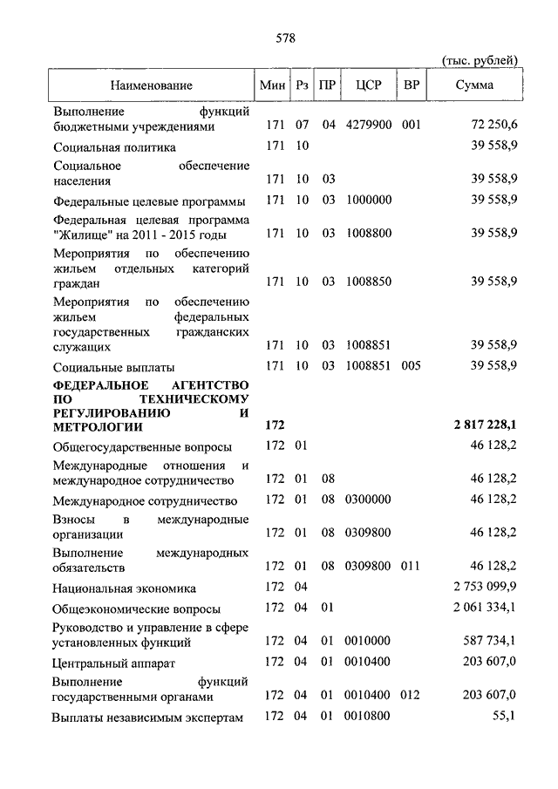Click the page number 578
coord(285,37)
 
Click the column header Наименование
coord(151,85)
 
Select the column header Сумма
coord(474,85)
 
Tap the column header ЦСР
coord(368,85)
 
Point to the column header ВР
coord(412,85)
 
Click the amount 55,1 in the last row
coord(505,717)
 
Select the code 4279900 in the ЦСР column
coord(367,126)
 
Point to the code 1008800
coord(367,235)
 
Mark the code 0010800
coord(367,717)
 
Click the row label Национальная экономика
coord(124,588)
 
